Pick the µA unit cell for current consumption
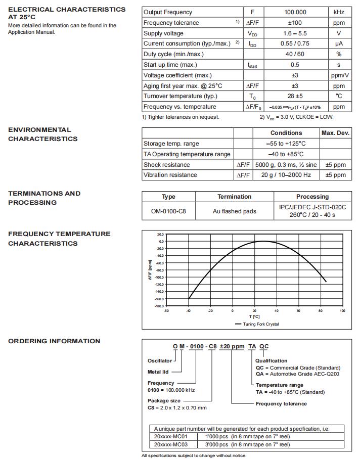[x=339, y=44]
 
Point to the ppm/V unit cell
[x=339, y=75]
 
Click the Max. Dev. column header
[x=335, y=133]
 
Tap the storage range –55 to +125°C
[x=286, y=144]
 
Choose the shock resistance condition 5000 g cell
[x=286, y=165]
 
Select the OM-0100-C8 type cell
[x=168, y=211]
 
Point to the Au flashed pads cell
[x=235, y=211]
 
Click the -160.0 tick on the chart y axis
[x=160, y=299]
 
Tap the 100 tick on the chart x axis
[x=342, y=311]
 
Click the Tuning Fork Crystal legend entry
[x=260, y=324]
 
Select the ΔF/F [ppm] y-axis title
[x=150, y=270]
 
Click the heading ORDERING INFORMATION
[x=54, y=341]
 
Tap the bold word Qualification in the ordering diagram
[x=271, y=361]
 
